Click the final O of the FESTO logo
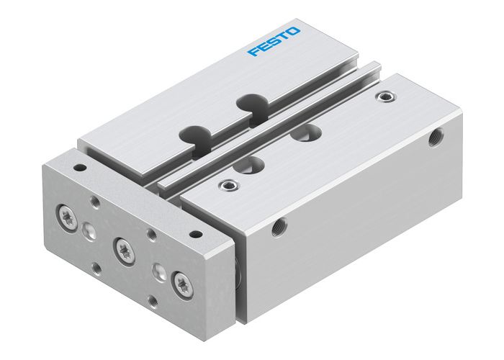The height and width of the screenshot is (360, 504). click(x=296, y=32)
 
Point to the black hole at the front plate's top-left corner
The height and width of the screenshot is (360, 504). click(x=81, y=168)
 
